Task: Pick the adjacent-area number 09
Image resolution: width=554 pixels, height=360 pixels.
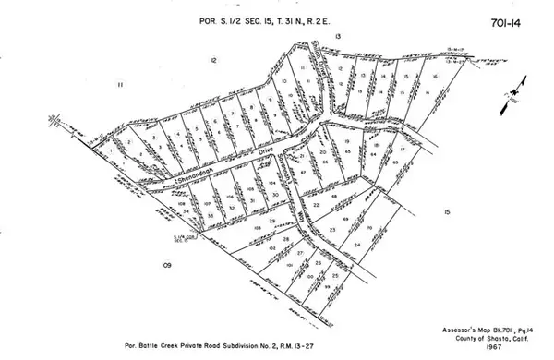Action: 168,266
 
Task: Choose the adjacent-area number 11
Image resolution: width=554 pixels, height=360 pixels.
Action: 120,85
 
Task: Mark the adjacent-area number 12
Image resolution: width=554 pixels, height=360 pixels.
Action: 213,60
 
